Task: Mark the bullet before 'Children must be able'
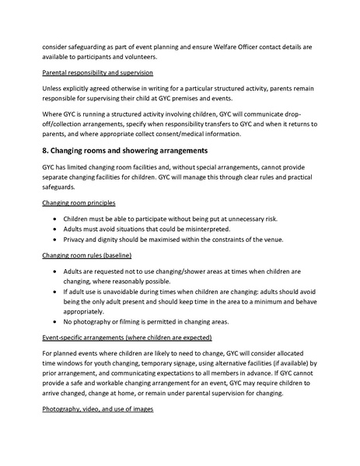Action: pos(54,219)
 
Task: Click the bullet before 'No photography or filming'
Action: pos(54,321)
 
